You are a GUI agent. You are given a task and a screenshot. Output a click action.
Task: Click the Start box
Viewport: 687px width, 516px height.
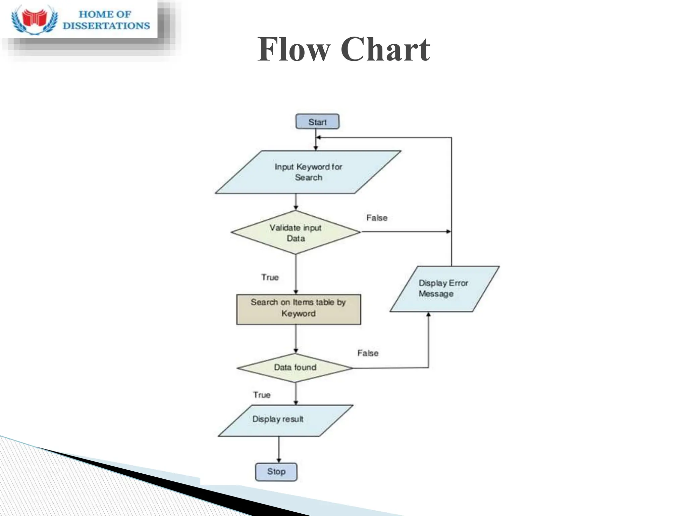317,122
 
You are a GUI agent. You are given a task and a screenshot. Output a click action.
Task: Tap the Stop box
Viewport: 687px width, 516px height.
276,472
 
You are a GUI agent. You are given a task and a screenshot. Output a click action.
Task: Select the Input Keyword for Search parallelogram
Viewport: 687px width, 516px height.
308,172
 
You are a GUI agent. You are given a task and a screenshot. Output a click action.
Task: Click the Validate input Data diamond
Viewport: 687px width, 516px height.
296,232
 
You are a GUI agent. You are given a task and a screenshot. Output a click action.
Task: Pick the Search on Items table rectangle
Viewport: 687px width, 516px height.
299,309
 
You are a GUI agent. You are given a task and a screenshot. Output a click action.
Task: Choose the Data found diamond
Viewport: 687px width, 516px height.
295,368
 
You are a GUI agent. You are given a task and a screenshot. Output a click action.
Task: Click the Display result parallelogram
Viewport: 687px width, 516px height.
285,420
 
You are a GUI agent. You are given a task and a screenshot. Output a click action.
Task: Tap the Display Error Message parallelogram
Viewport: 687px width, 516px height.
444,289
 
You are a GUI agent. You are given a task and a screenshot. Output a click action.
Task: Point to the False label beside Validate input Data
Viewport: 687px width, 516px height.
377,218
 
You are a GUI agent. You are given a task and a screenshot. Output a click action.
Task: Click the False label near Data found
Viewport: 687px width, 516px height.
368,353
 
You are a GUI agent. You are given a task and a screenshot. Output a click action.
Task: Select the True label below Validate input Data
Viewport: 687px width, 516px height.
270,277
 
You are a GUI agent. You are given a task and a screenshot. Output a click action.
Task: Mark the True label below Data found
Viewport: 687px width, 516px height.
262,395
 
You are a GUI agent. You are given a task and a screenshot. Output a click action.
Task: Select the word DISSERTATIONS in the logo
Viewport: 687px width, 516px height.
106,26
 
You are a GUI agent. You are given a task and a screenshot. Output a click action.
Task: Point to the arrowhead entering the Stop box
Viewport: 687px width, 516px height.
279,461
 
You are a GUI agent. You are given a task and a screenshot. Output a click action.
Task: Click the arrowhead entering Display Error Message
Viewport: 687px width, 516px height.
428,315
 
